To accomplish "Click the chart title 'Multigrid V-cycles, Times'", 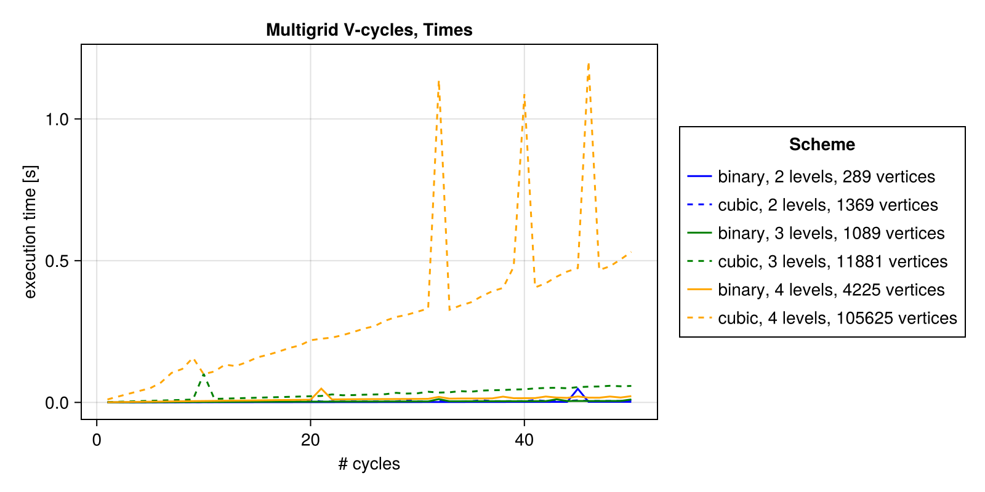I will [369, 30].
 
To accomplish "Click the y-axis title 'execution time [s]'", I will [30, 232].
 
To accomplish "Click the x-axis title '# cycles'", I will [369, 464].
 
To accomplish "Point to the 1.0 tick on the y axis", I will [57, 119].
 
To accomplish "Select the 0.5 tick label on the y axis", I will [57, 261].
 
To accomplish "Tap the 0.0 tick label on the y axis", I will [57, 403].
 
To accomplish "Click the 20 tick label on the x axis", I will [310, 440].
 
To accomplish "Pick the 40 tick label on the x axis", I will [524, 440].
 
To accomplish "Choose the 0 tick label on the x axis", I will [97, 440].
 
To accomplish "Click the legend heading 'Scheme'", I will [822, 145].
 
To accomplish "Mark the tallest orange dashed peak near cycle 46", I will [589, 63].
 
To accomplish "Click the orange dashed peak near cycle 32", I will [438, 81].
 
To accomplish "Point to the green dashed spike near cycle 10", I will [203, 373].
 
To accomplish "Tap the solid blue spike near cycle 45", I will [577, 389].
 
